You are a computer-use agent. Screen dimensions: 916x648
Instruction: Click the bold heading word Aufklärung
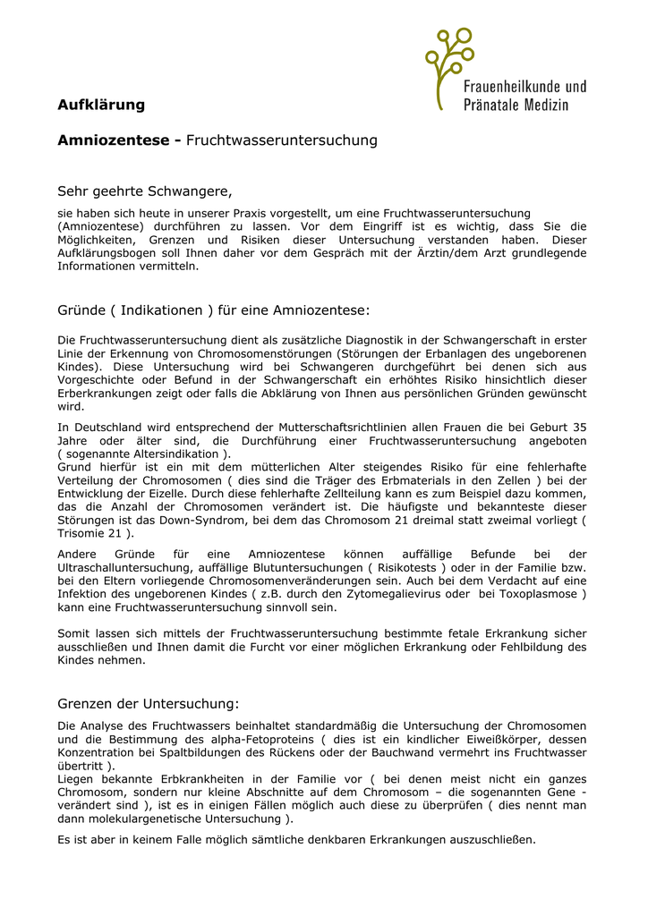(x=101, y=105)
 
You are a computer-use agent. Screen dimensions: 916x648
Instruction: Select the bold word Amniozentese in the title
(x=115, y=140)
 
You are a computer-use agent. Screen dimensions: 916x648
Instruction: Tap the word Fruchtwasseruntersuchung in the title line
(x=282, y=140)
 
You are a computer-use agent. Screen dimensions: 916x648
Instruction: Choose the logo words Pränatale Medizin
(x=516, y=105)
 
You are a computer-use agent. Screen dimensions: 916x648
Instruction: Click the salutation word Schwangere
(x=189, y=191)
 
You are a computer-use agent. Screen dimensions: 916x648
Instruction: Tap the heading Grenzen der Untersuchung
(x=149, y=703)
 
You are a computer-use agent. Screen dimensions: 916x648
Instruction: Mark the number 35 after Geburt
(x=579, y=428)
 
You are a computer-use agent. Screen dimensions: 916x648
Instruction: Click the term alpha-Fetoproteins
(x=266, y=740)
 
